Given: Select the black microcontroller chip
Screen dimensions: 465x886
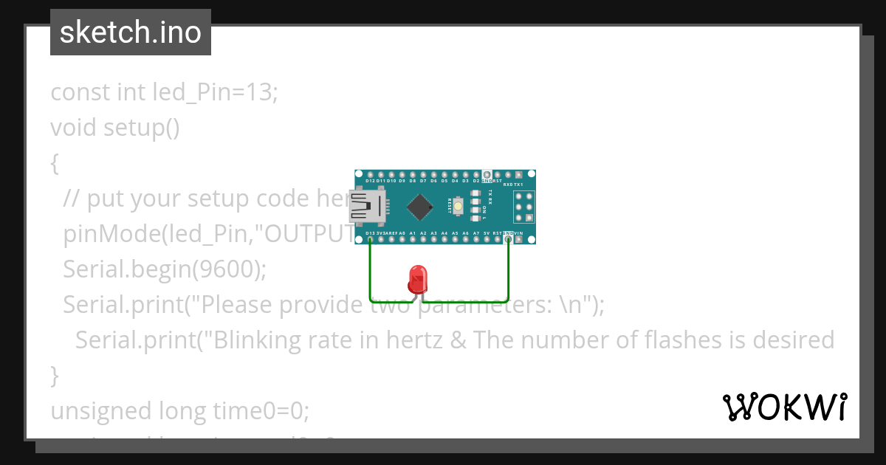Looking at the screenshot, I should pyautogui.click(x=419, y=207).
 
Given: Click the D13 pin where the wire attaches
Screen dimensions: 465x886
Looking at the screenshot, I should pyautogui.click(x=370, y=238).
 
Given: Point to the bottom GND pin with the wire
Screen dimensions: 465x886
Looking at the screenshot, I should pyautogui.click(x=508, y=238).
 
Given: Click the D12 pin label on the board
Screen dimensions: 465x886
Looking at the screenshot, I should pyautogui.click(x=370, y=181).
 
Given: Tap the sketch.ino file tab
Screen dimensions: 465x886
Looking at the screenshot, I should pyautogui.click(x=131, y=32).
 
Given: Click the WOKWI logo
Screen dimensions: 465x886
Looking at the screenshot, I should pyautogui.click(x=784, y=407).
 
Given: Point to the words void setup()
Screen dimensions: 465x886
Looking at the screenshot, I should pyautogui.click(x=115, y=128).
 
